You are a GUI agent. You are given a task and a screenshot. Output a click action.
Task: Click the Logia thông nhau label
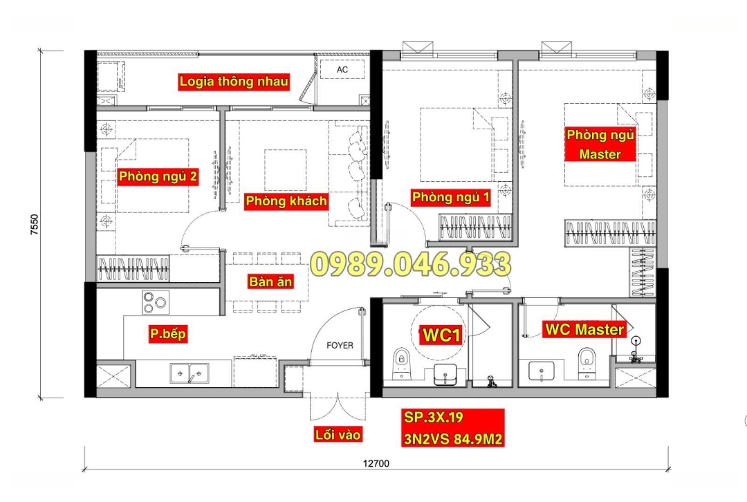click(x=234, y=82)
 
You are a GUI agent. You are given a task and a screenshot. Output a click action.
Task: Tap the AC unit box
click(x=342, y=70)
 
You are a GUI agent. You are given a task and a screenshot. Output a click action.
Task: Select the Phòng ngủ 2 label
click(x=158, y=177)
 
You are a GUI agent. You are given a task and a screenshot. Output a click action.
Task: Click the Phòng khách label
click(x=286, y=201)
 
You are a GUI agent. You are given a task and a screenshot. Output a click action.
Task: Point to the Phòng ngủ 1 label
click(x=451, y=197)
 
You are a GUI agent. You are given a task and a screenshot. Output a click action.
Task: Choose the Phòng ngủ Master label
click(x=600, y=145)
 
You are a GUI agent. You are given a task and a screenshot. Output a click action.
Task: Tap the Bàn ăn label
click(x=270, y=281)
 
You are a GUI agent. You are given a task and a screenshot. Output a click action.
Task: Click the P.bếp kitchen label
click(x=167, y=333)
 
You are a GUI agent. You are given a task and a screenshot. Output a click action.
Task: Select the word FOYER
click(x=340, y=345)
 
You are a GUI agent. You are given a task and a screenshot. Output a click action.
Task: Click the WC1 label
click(x=441, y=335)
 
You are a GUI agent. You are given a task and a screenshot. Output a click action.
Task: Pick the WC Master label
click(x=584, y=330)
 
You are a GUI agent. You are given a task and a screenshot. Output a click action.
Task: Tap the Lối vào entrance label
click(x=338, y=434)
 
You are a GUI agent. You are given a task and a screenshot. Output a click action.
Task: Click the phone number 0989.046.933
click(x=411, y=265)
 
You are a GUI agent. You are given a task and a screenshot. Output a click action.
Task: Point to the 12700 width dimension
click(x=376, y=463)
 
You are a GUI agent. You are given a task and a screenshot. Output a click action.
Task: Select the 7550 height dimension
click(x=35, y=224)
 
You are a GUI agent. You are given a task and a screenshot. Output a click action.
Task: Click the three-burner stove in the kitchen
click(x=156, y=302)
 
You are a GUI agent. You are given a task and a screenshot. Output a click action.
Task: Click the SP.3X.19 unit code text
click(x=434, y=417)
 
